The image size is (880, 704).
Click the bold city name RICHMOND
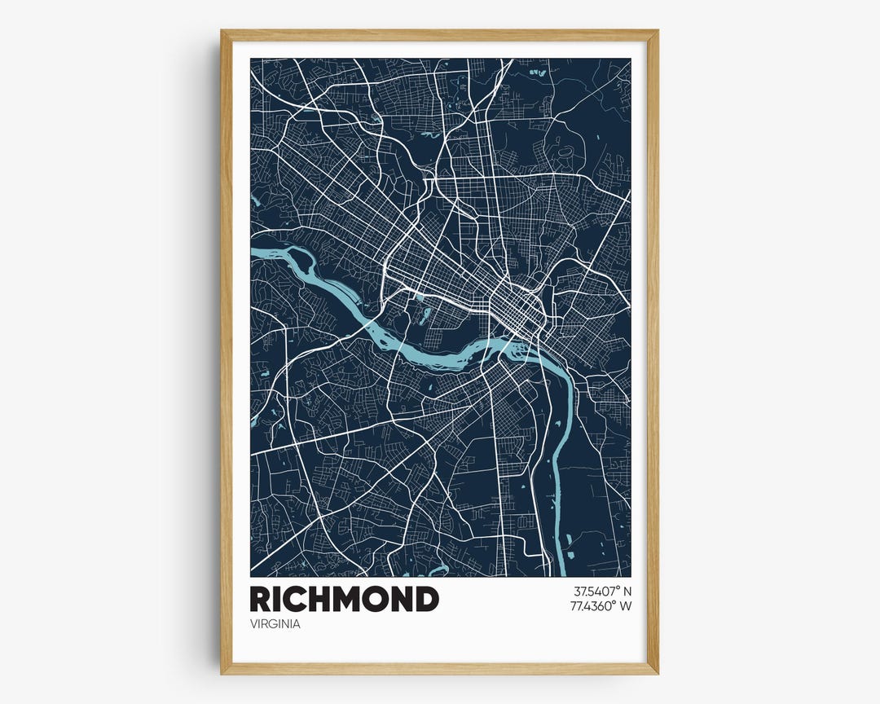coord(344,599)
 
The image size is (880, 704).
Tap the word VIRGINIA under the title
coord(275,624)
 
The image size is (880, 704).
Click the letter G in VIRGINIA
coord(276,624)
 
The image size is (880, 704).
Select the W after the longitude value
coord(626,605)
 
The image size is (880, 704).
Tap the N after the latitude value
coord(627,591)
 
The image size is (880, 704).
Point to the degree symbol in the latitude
coord(617,587)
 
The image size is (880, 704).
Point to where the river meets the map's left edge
coord(253,253)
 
